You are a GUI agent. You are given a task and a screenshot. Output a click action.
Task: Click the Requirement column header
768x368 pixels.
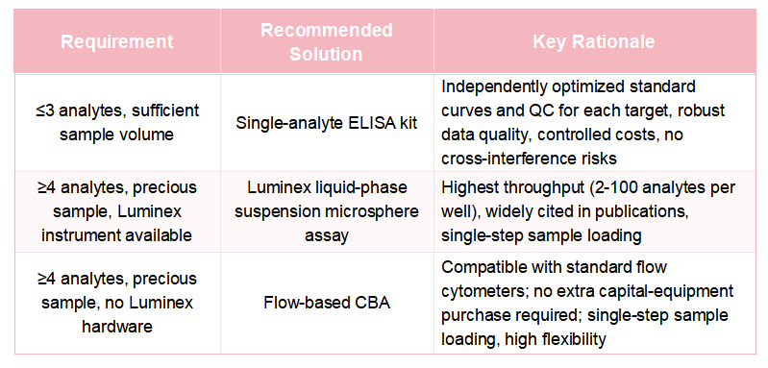(x=117, y=41)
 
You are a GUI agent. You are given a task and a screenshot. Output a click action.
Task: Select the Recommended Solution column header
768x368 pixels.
(x=327, y=41)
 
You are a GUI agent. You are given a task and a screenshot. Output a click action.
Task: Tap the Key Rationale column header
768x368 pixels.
(x=594, y=41)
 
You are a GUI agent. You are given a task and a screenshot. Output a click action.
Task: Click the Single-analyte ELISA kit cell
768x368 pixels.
(x=327, y=122)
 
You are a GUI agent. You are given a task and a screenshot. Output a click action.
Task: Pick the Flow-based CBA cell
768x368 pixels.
(x=327, y=303)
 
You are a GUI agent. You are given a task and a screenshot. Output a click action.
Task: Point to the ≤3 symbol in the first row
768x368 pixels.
(x=42, y=110)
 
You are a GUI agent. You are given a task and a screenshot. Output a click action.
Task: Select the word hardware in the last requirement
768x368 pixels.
(x=117, y=327)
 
